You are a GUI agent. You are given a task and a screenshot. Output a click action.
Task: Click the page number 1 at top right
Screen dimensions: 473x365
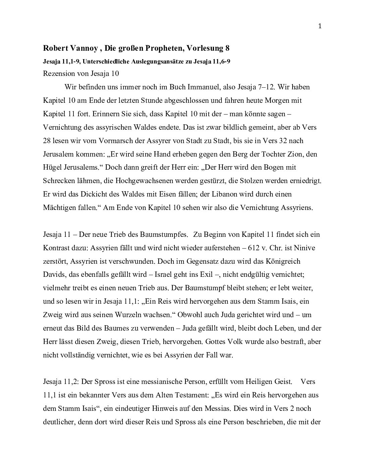[320, 27]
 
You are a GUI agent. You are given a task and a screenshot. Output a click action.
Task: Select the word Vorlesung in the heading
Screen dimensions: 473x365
[204, 48]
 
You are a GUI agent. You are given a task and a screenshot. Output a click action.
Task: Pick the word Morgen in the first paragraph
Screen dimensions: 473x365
[281, 100]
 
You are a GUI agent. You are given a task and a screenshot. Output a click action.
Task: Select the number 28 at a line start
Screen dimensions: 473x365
[47, 141]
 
